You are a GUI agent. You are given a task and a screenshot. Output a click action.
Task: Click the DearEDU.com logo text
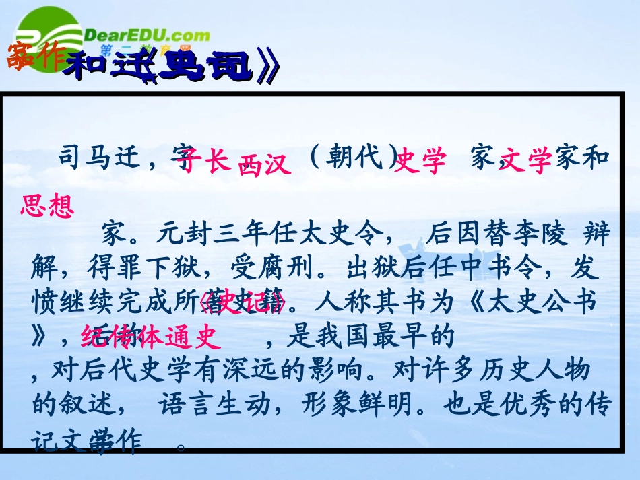coord(148,35)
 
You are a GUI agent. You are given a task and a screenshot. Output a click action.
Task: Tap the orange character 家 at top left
coord(19,59)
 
